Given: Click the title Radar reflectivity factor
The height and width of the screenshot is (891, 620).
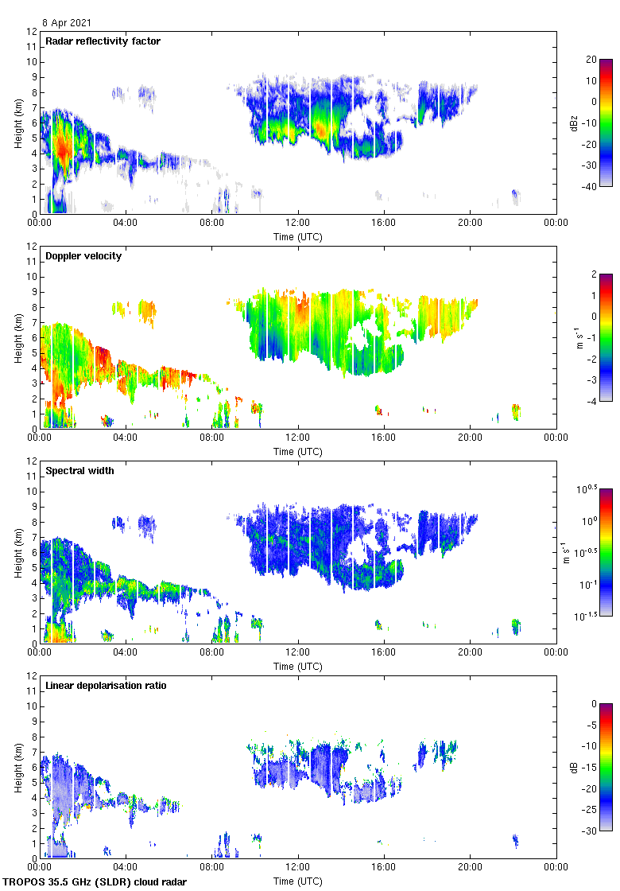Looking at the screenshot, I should pyautogui.click(x=103, y=41).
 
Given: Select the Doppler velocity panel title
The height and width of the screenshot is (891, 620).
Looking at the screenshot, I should pyautogui.click(x=80, y=255).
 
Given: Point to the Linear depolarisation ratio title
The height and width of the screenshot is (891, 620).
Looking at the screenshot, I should pyautogui.click(x=106, y=685).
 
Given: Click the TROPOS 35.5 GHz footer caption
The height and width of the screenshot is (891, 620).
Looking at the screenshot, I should pyautogui.click(x=95, y=881).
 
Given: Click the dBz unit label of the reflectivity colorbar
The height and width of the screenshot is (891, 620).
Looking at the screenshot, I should pyautogui.click(x=575, y=123).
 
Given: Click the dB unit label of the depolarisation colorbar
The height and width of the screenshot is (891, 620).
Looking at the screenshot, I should pyautogui.click(x=573, y=767).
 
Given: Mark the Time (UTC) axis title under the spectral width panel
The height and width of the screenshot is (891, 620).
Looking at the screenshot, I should pyautogui.click(x=298, y=666).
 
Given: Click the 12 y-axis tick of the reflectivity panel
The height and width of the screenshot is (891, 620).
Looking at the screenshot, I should pyautogui.click(x=32, y=32).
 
